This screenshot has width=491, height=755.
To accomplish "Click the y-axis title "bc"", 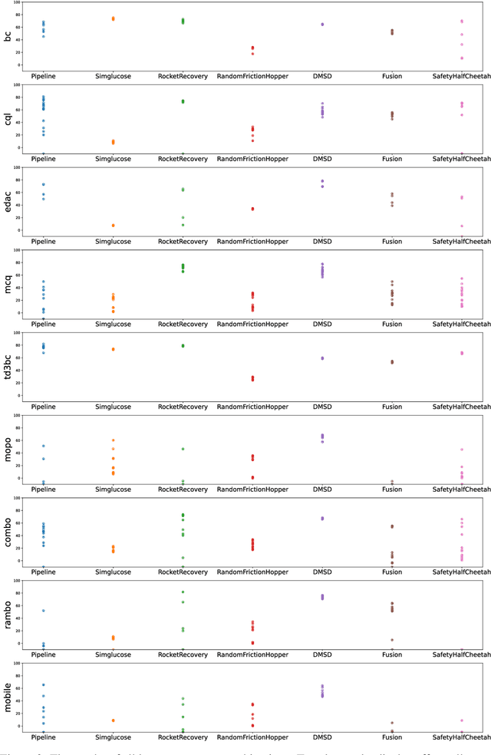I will coord(8,35).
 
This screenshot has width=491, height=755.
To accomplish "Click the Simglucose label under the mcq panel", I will coord(113,325).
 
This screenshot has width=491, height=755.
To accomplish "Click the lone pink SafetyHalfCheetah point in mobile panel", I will coord(462,720).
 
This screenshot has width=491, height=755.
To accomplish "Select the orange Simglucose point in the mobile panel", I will coord(113,720).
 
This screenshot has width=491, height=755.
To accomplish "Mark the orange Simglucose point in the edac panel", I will coord(113,226).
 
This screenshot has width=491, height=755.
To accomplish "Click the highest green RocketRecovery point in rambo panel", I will coord(183,592).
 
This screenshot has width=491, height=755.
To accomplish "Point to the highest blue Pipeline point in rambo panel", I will coord(43,611).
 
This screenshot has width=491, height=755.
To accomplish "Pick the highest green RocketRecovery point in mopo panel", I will coord(183,449).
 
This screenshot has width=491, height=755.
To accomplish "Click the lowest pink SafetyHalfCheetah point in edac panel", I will coord(462,226).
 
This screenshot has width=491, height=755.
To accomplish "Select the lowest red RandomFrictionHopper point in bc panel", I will coord(252,54).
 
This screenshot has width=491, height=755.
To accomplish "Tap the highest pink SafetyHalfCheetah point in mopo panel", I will coord(462,450).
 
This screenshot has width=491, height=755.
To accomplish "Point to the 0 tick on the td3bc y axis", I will coord(21,395).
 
